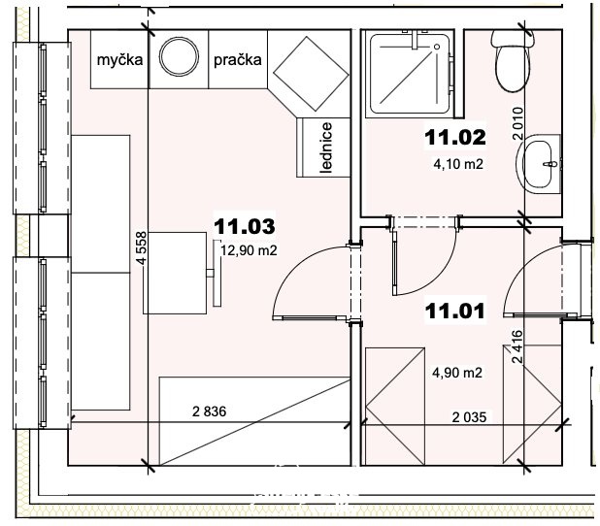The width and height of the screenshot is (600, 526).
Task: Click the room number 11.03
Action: tap(244, 226)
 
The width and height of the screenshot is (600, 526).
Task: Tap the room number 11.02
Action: tap(455, 138)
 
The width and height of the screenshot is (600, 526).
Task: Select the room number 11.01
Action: tap(455, 311)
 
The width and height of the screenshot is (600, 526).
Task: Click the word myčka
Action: tap(119, 60)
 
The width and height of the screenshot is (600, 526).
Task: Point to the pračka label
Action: tap(238, 60)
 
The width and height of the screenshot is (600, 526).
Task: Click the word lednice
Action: tap(326, 148)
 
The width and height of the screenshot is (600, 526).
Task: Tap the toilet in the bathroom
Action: tap(513, 60)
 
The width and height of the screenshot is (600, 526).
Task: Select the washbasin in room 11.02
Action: tap(539, 164)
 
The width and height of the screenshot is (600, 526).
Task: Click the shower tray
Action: tap(410, 74)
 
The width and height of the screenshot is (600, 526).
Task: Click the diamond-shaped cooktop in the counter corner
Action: tap(311, 74)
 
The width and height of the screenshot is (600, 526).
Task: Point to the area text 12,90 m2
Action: tap(249, 250)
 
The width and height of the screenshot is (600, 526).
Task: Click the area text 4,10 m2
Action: tap(458, 164)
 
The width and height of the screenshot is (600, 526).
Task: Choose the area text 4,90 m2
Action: tap(457, 373)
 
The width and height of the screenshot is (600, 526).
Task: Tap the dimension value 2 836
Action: tap(210, 411)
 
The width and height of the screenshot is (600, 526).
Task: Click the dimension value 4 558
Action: tap(141, 247)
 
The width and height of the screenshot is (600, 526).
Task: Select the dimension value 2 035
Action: tap(469, 417)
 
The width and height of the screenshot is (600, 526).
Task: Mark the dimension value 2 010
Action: tap(517, 123)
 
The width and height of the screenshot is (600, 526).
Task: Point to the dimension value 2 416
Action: tap(517, 346)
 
